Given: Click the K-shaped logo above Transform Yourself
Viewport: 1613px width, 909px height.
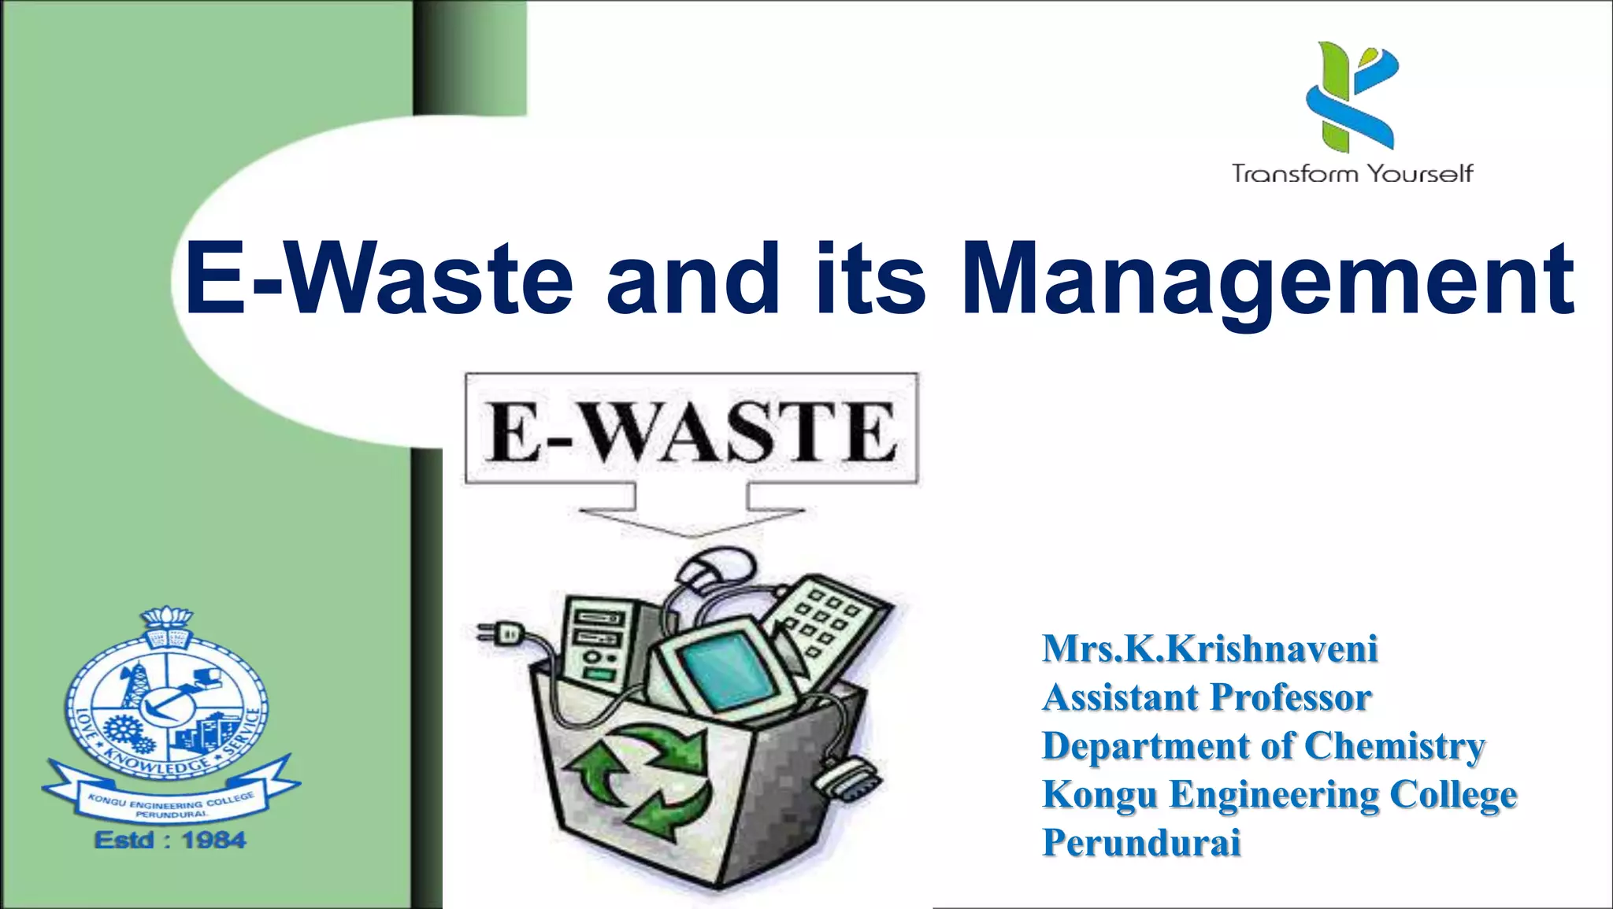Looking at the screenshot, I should (x=1352, y=96).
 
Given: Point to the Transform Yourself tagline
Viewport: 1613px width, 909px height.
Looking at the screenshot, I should (x=1352, y=173).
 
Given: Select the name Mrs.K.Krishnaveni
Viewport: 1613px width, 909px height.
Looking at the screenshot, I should (x=1210, y=649).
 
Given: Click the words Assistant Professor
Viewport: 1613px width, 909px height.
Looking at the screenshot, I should (x=1207, y=697).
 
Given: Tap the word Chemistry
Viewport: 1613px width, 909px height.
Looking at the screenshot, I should (x=1394, y=746).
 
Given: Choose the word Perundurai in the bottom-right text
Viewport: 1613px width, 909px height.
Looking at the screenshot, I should (x=1141, y=842).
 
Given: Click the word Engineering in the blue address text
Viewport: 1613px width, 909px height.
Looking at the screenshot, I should (x=1274, y=794).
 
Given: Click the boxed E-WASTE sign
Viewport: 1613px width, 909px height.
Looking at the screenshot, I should (x=692, y=429).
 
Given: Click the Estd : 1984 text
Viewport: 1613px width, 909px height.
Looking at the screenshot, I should (x=170, y=841).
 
